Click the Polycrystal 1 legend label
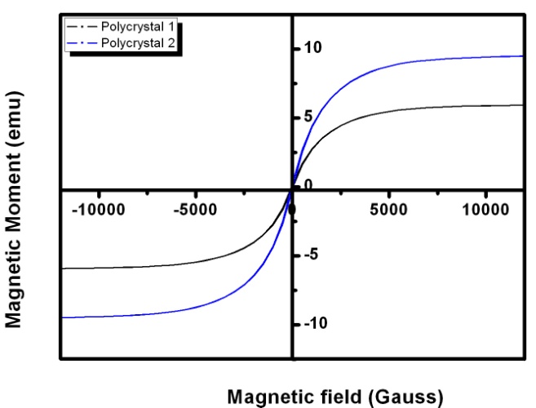coord(135,25)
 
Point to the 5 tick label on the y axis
coord(306,117)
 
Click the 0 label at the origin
coord(307,184)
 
